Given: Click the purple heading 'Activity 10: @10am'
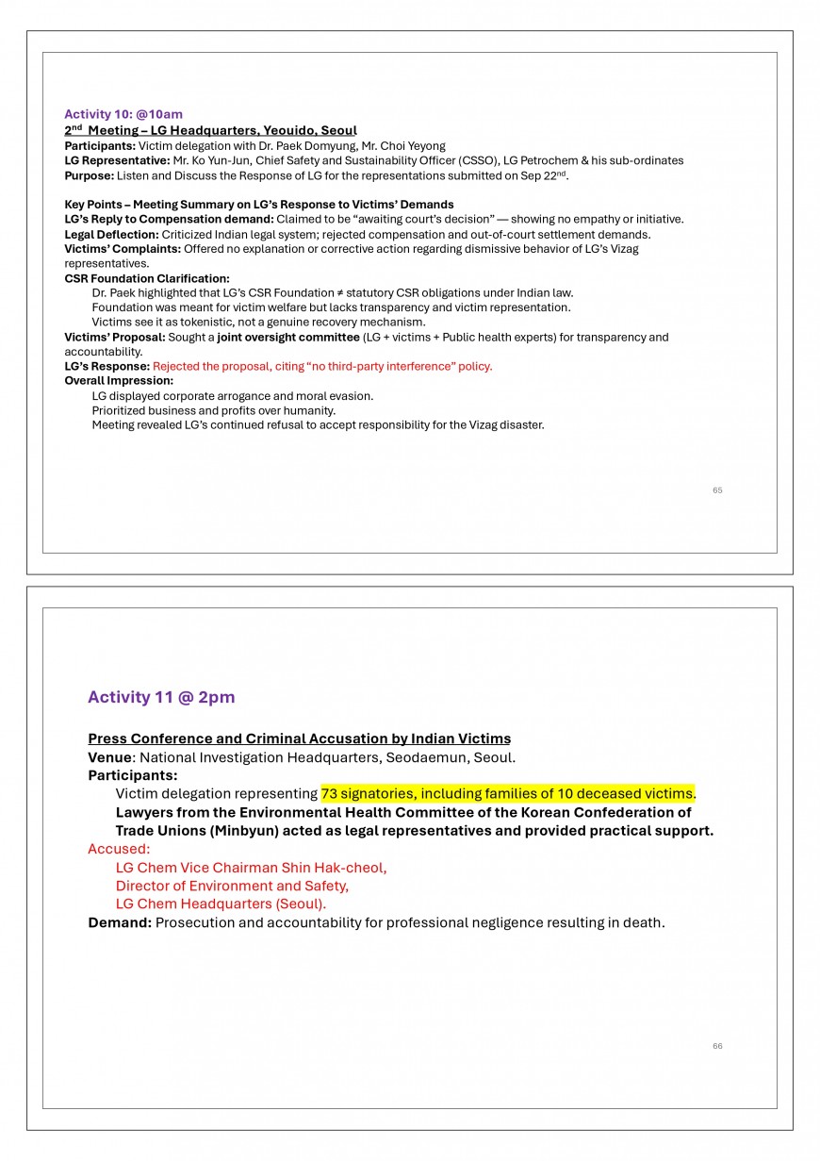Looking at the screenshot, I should click(123, 114).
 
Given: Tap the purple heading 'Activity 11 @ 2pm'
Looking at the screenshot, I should click(161, 697).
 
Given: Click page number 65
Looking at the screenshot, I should click(717, 490).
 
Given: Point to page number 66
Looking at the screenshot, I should click(717, 1046).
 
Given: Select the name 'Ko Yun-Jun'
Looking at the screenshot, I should click(221, 160).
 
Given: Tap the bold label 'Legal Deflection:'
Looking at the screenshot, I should click(111, 234).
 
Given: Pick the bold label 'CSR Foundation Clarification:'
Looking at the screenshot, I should click(147, 278).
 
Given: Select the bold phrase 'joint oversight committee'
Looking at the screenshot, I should click(287, 337).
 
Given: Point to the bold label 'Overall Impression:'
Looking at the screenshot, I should click(119, 381).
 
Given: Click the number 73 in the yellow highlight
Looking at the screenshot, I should click(330, 793).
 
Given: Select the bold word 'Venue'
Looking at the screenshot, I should click(109, 757).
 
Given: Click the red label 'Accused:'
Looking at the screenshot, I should click(119, 849).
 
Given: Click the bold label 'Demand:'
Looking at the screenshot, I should click(120, 922).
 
